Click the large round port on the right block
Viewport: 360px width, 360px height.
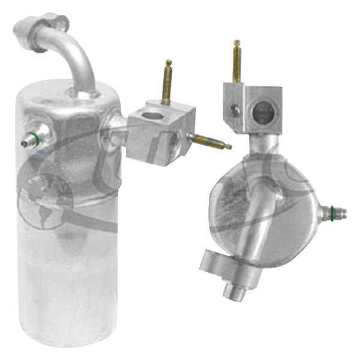coord(262,112)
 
